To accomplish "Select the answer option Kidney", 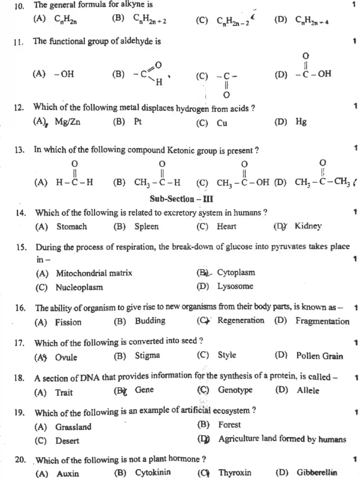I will click(308, 226).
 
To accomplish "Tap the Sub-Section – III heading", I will click(181, 198).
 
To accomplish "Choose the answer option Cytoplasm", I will click(236, 273).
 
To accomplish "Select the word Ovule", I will click(66, 358).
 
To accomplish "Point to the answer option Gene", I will click(144, 390).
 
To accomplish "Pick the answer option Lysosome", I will click(235, 286).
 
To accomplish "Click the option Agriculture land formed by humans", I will click(282, 439).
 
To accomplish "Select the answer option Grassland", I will click(73, 427).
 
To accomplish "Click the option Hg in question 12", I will click(301, 122).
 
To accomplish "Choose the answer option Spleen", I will click(146, 227).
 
